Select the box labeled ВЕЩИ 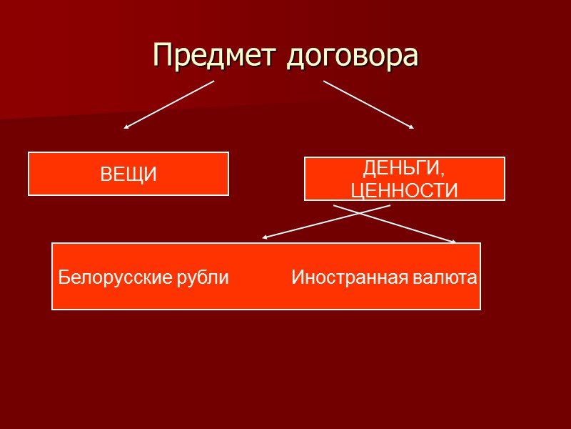coord(128,173)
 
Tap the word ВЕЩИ coord(128,174)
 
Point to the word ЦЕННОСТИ coord(405,189)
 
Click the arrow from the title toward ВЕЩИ coord(170,104)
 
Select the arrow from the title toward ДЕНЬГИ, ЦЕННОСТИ coord(368,104)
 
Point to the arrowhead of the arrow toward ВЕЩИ coord(126,127)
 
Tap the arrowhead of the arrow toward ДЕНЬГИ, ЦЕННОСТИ coord(411,127)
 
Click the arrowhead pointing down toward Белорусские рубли coord(265,237)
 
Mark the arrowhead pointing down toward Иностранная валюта coord(453,242)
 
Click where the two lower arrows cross coord(362,213)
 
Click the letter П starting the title coord(163,56)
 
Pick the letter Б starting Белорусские coord(63,277)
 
